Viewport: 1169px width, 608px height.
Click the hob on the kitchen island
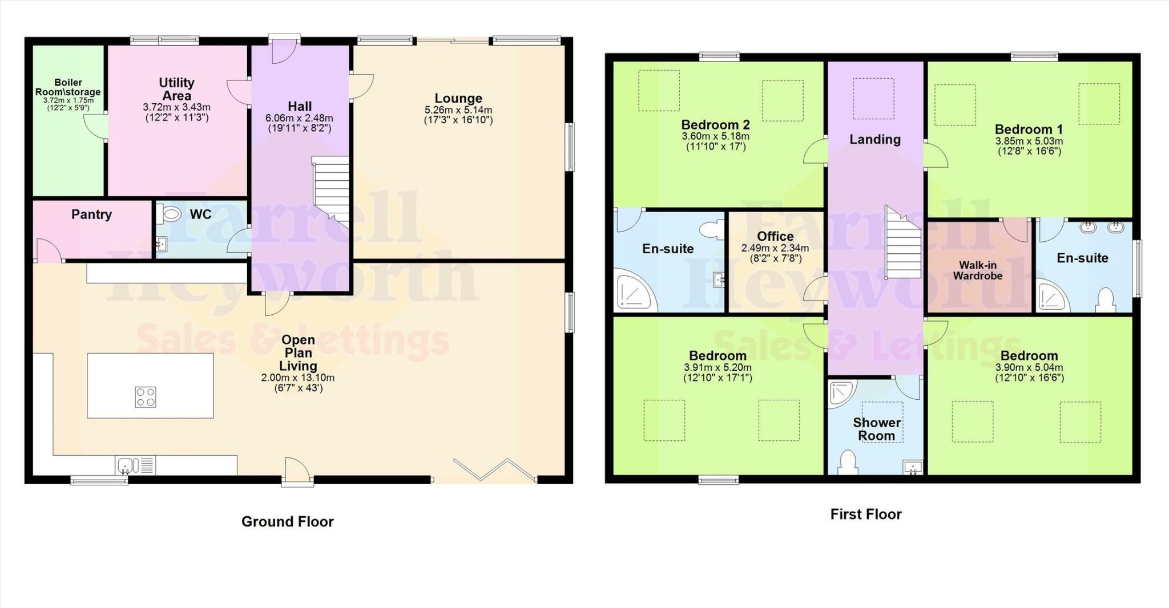coord(146,397)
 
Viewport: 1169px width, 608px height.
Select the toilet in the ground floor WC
coord(169,214)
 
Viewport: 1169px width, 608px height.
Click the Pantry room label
coord(91,214)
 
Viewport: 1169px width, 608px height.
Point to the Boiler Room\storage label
coord(68,87)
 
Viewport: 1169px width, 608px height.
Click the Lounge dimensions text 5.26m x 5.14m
coord(458,110)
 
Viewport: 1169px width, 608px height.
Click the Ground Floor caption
coord(287,521)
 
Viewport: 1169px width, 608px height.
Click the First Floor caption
coord(865,514)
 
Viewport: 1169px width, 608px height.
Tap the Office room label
coord(775,236)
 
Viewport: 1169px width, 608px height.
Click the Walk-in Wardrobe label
coord(977,270)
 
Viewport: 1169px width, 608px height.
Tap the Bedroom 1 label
coord(1029,129)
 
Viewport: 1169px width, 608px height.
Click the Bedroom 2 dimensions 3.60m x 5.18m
coord(715,136)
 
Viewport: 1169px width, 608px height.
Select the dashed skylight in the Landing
coord(873,99)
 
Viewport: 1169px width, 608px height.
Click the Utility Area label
coord(176,89)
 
